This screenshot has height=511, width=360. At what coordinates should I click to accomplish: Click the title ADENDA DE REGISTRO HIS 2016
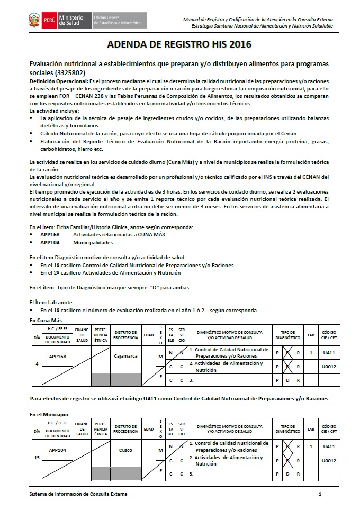(x=179, y=44)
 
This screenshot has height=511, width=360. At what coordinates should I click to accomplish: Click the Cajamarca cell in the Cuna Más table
(x=125, y=356)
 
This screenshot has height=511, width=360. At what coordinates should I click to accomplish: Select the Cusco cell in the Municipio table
(x=125, y=450)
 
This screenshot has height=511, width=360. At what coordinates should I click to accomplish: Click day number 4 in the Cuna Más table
(x=37, y=364)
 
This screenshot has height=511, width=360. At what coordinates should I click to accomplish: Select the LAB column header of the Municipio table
(x=311, y=429)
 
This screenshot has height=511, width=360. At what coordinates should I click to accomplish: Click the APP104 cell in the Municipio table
(x=57, y=450)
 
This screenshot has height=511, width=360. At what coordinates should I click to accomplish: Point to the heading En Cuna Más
(x=46, y=321)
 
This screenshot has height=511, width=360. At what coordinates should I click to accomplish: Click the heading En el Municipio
(x=49, y=414)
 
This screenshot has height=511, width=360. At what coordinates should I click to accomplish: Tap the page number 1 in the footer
(x=320, y=494)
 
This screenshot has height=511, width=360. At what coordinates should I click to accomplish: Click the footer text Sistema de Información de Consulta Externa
(x=78, y=494)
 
